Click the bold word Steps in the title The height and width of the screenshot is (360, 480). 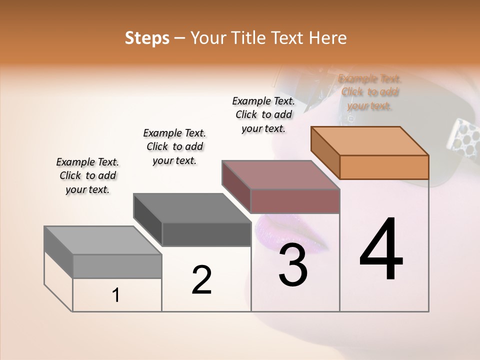146,38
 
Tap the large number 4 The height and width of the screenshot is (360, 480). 381,250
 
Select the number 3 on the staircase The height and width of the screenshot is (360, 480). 293,265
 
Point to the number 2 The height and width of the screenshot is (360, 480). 201,280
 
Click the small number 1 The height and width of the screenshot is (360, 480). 115,295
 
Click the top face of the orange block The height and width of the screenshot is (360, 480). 370,140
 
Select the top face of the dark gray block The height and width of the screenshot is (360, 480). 192,208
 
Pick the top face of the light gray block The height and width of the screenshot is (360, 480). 103,240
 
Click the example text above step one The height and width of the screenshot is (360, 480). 87,175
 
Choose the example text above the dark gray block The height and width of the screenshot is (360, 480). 174,146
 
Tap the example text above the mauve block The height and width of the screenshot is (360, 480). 263,114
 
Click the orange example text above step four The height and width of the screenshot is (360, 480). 369,92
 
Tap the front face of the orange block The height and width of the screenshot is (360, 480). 384,167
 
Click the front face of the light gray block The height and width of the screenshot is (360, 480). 117,266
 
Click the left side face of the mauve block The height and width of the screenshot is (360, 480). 236,185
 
